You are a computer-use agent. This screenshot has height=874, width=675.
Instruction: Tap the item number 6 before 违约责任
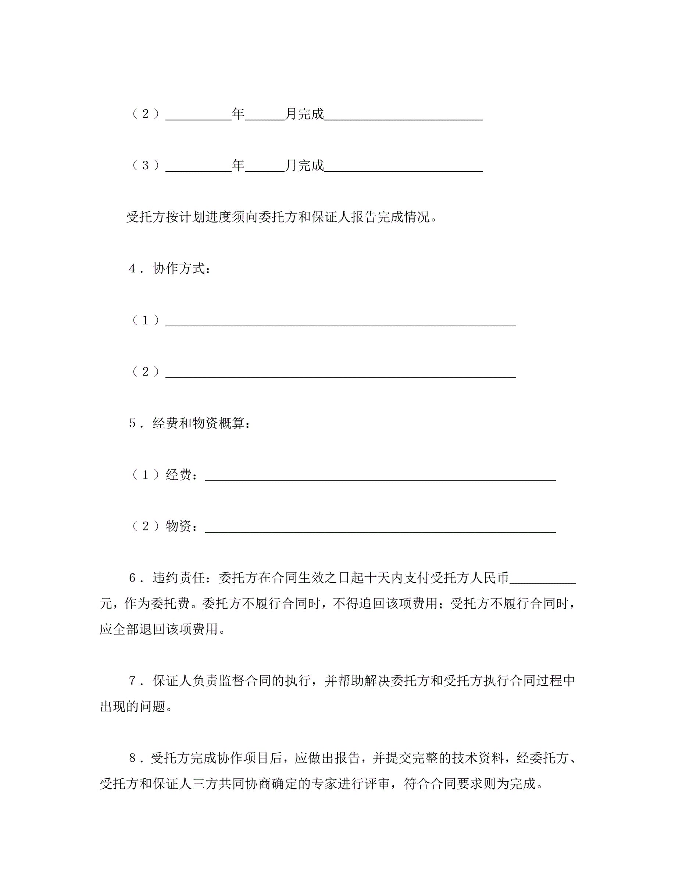pyautogui.click(x=133, y=578)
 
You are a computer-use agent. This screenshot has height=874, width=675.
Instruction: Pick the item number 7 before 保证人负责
pyautogui.click(x=133, y=681)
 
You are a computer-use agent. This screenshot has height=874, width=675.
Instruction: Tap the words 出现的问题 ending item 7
pyautogui.click(x=132, y=707)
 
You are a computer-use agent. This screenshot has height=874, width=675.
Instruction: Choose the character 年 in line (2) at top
pyautogui.click(x=238, y=114)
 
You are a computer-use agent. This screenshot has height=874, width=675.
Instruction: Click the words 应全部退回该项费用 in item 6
pyautogui.click(x=159, y=629)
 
